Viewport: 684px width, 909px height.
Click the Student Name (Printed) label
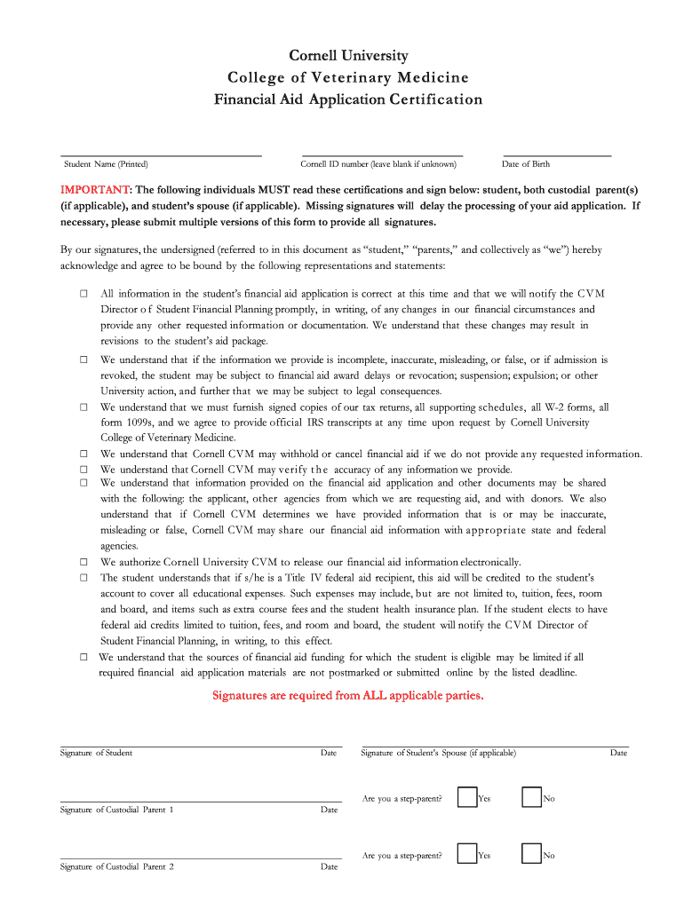pos(106,164)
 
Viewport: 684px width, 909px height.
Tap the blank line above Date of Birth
pos(557,155)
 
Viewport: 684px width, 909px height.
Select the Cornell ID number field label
pos(378,164)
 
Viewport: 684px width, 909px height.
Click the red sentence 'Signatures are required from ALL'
pos(348,695)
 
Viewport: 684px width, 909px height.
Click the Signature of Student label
pos(96,754)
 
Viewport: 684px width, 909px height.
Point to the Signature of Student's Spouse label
pos(438,754)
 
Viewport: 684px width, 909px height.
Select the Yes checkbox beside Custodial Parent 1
pos(466,797)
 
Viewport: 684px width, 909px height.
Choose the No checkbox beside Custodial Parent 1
pos(531,797)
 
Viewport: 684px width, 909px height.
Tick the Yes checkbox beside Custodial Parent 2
pos(466,854)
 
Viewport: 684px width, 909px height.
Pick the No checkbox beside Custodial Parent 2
pos(531,854)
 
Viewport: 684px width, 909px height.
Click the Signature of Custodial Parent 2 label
pos(116,867)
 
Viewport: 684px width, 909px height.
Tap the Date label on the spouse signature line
pos(618,754)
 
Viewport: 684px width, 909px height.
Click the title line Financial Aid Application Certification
pos(347,99)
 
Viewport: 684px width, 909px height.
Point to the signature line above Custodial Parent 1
pos(200,802)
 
